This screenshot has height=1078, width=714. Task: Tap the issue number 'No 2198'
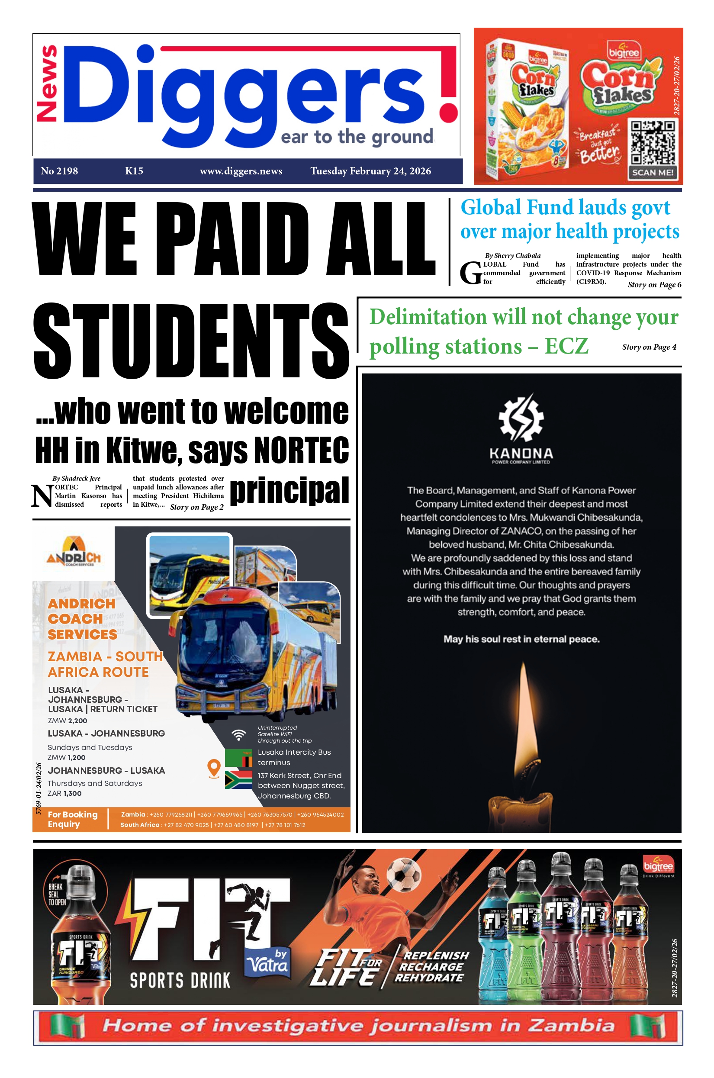click(59, 171)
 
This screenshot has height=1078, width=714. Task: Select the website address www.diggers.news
click(241, 171)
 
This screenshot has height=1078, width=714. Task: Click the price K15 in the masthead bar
click(134, 171)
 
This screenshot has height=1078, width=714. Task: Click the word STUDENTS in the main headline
click(191, 341)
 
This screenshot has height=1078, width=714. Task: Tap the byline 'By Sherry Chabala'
click(513, 255)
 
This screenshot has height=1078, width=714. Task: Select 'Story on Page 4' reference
click(649, 347)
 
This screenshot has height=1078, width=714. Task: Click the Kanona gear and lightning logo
click(521, 418)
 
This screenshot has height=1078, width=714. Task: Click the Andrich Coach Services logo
click(73, 551)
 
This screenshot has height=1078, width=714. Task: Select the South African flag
click(238, 779)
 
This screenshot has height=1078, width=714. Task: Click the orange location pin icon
click(214, 767)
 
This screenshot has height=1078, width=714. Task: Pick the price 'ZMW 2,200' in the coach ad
click(68, 721)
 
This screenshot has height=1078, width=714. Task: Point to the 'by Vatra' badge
click(268, 962)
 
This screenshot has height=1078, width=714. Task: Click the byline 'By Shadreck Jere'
click(76, 478)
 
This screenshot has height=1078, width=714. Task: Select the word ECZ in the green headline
click(566, 346)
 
